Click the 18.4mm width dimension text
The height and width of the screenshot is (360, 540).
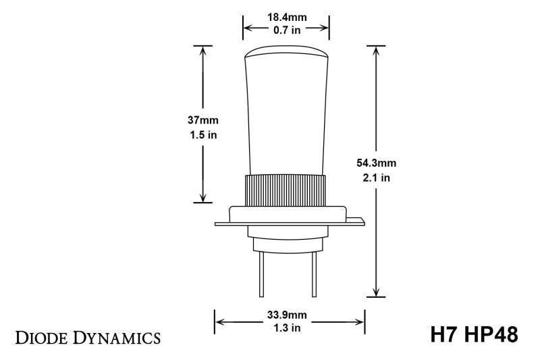pos(286,16)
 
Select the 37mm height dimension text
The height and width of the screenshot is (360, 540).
pos(202,120)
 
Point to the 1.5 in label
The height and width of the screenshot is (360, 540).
pos(202,134)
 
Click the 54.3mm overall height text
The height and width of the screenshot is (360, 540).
pos(376,163)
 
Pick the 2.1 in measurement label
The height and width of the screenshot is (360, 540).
pos(376,178)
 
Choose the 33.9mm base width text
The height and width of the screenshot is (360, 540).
pos(290,314)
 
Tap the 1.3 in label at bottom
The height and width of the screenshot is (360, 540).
pos(290,328)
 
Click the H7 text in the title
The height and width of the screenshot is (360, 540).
pos(446,335)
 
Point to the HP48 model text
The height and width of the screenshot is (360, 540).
pos(494,335)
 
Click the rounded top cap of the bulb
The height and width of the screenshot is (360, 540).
pos(286,52)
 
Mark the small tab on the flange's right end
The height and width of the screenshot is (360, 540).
pos(358,220)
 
